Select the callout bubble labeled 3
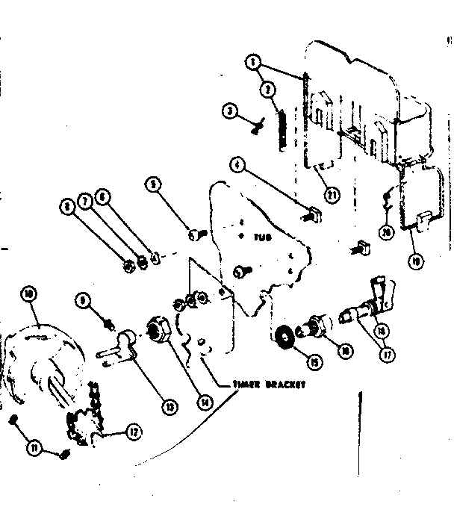[231, 111]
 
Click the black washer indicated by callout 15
[284, 338]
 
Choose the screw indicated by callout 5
[196, 237]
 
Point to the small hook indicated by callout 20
[386, 198]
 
